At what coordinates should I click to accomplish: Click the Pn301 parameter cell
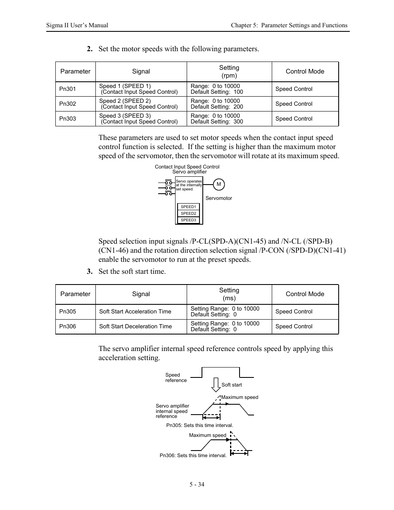68,89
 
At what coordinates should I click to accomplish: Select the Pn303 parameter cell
68,119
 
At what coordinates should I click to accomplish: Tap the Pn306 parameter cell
68,327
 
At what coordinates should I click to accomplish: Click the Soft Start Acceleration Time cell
135,312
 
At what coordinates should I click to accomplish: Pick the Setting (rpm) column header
229,71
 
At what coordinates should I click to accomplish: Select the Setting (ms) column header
229,294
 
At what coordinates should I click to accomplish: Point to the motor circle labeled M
219,185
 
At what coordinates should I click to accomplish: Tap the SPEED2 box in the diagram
188,213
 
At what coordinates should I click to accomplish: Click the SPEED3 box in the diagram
188,220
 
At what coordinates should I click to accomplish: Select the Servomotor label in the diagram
218,198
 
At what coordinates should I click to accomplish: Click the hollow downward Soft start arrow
216,384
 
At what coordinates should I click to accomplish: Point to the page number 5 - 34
197,484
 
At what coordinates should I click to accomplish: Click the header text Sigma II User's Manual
77,25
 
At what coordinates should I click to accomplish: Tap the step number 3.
89,271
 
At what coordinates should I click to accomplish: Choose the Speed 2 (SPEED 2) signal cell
138,104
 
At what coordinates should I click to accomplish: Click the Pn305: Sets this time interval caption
199,425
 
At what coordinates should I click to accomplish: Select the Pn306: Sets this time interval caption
193,455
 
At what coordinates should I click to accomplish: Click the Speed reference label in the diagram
176,378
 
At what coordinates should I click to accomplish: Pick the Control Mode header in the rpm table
305,71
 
